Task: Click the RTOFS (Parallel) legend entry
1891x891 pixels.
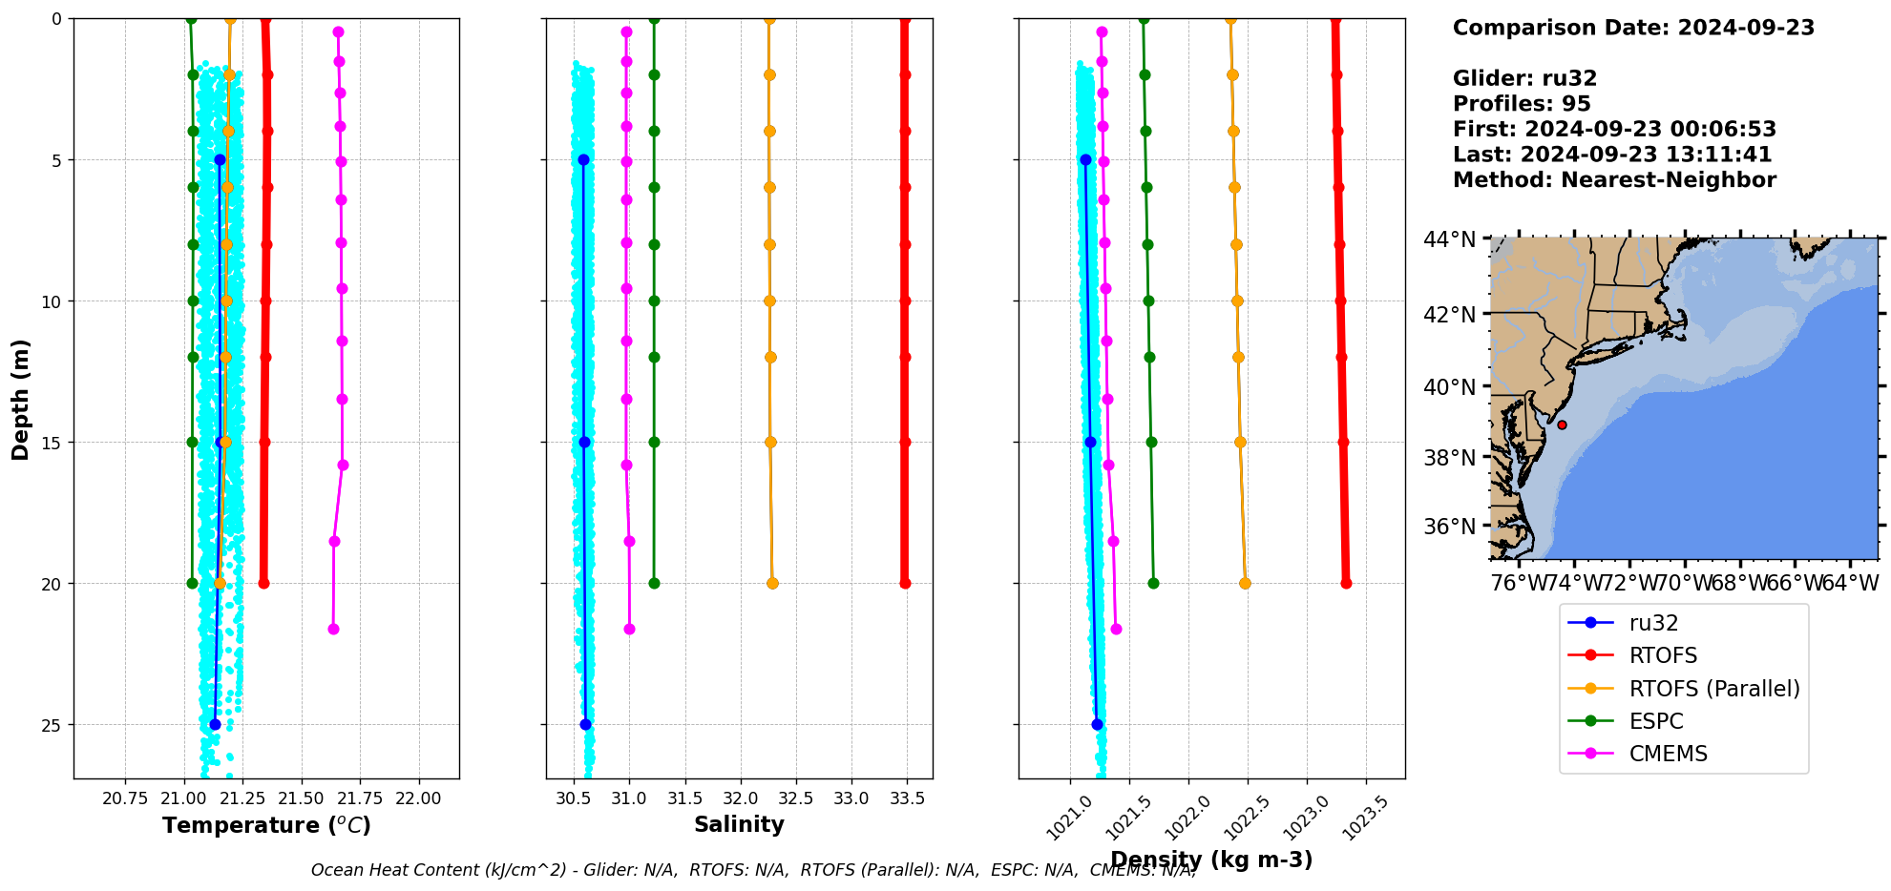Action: (1713, 689)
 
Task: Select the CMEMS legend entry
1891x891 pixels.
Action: (1668, 754)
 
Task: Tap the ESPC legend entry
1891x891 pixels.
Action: (1655, 721)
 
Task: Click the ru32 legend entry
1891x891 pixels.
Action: (1653, 623)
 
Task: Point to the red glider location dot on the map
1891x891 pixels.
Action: (1562, 425)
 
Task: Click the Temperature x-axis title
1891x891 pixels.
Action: (266, 825)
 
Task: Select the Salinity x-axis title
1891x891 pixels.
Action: (739, 825)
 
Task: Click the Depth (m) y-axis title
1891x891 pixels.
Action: (21, 399)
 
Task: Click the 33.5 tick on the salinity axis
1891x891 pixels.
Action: (907, 798)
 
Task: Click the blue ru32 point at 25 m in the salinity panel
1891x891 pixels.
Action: (585, 724)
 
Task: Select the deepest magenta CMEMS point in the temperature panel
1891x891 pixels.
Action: (333, 629)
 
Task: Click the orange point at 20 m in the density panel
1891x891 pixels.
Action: (1245, 583)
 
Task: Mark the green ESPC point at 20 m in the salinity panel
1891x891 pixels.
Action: (654, 583)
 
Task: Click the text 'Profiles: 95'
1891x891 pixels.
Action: (1522, 104)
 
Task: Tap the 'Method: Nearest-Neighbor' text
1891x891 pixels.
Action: (1614, 180)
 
